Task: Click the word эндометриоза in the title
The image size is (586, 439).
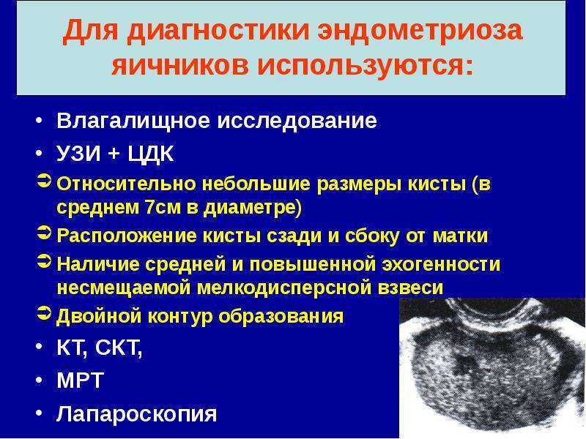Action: tap(420, 30)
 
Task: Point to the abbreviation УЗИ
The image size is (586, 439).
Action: tap(78, 154)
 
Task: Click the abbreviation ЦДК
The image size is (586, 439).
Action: tap(151, 154)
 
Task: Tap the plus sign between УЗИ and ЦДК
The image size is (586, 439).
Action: tap(114, 154)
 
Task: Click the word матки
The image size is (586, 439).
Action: tap(460, 236)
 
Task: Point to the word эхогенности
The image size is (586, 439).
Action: tap(441, 264)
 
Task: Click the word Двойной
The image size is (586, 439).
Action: tap(99, 317)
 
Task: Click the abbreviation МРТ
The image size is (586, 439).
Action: tap(80, 380)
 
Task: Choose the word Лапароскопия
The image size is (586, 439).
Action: tap(137, 414)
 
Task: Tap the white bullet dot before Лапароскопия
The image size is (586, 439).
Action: tap(40, 413)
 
